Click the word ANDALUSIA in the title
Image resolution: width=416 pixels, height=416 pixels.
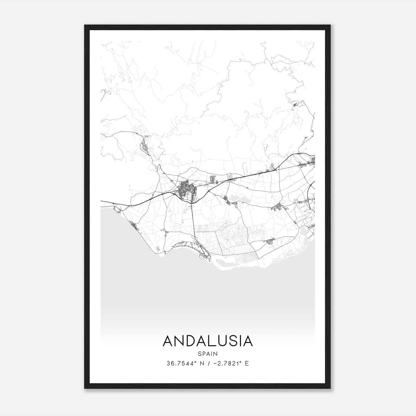pyautogui.click(x=208, y=341)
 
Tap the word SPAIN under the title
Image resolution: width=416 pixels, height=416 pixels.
pyautogui.click(x=208, y=354)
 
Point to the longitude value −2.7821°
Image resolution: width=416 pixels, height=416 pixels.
pyautogui.click(x=225, y=363)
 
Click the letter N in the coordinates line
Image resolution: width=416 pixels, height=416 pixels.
pyautogui.click(x=201, y=363)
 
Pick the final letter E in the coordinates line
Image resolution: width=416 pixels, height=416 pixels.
pyautogui.click(x=247, y=363)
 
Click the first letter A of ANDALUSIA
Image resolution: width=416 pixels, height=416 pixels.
pyautogui.click(x=168, y=341)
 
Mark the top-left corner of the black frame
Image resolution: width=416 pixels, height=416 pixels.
pyautogui.click(x=85, y=25)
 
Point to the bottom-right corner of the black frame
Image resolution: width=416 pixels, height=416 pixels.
pyautogui.click(x=330, y=388)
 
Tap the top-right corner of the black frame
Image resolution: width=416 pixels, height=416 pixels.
pyautogui.click(x=330, y=25)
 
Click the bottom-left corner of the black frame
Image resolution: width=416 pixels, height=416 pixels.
pyautogui.click(x=85, y=388)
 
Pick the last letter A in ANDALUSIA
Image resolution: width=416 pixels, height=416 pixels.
pyautogui.click(x=247, y=341)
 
